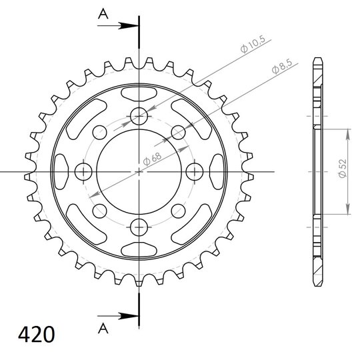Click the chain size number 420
(x=37, y=334)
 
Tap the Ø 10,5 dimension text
(x=253, y=44)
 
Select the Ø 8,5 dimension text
(x=282, y=66)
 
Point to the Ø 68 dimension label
(x=152, y=159)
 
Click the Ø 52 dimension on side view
(x=342, y=168)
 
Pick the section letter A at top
(x=103, y=14)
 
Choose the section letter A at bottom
(x=103, y=328)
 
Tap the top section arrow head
(x=128, y=26)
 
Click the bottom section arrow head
(x=128, y=316)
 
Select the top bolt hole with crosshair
(x=139, y=116)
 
